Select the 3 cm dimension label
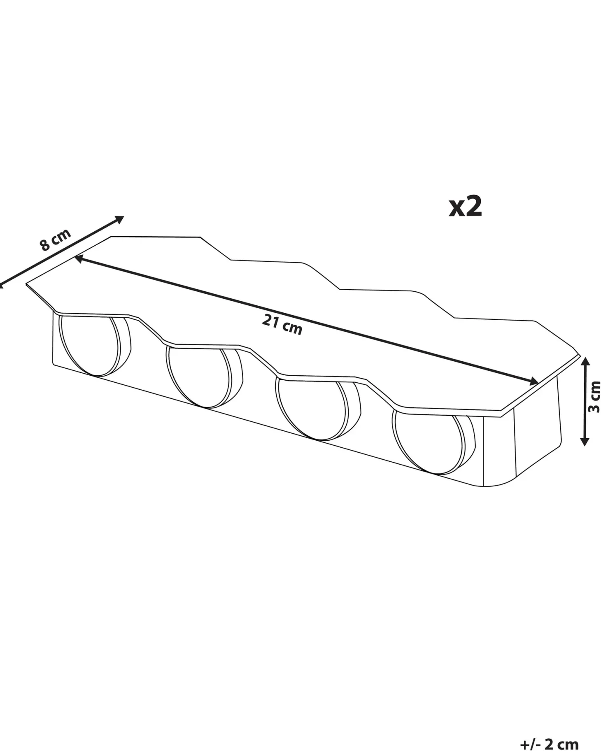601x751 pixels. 594,397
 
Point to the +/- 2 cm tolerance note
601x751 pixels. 549,732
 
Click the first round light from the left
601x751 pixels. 95,346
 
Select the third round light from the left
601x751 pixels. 313,410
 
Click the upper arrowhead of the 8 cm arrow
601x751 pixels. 119,219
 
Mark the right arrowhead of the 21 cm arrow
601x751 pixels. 533,381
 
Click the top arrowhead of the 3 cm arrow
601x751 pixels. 585,363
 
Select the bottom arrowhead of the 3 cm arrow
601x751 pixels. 585,441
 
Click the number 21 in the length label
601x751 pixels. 270,321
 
